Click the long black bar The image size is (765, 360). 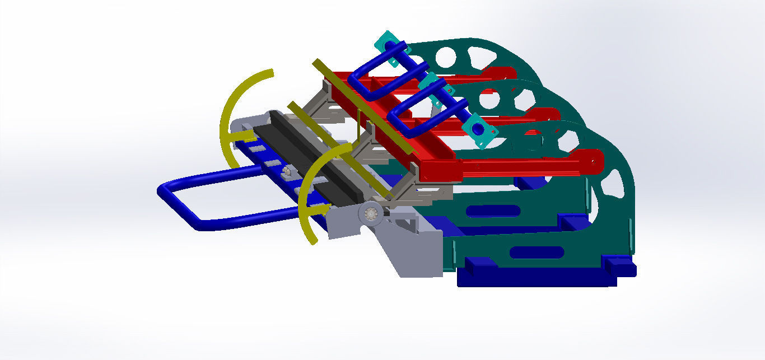(314, 157)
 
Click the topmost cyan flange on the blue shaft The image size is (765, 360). (389, 45)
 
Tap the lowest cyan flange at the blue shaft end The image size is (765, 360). (479, 130)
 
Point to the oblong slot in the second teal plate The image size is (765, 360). (493, 211)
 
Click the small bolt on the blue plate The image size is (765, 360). (287, 171)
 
